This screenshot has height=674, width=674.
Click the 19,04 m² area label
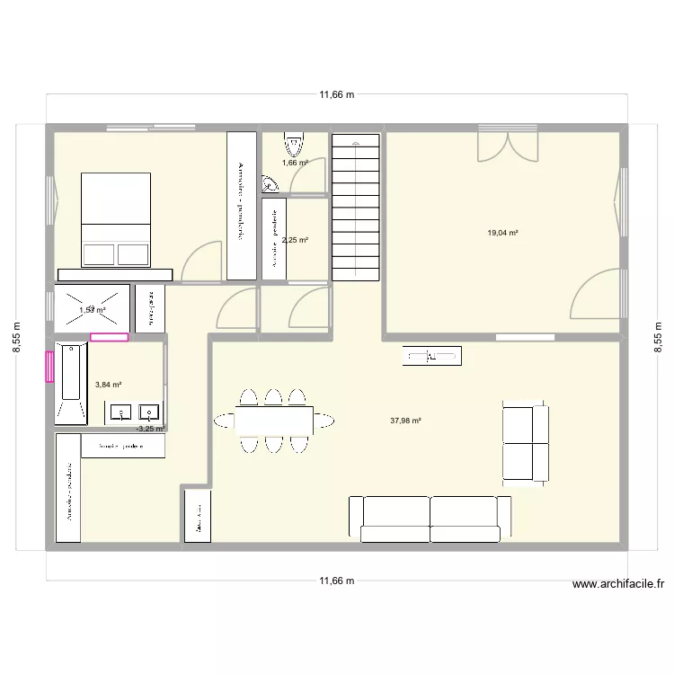pyautogui.click(x=502, y=233)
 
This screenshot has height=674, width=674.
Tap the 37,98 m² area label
pyautogui.click(x=406, y=420)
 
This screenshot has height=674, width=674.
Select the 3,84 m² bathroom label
pyautogui.click(x=108, y=385)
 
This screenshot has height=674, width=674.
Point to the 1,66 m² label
pyautogui.click(x=295, y=163)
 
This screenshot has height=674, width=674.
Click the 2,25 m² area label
pyautogui.click(x=295, y=240)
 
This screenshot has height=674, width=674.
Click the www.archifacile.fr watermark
pyautogui.click(x=617, y=583)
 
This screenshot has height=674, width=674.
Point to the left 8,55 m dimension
pyautogui.click(x=15, y=338)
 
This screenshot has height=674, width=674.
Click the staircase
pyautogui.click(x=357, y=208)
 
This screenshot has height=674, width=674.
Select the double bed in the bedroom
pyautogui.click(x=116, y=219)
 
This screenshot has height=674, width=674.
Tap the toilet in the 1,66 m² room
pyautogui.click(x=294, y=144)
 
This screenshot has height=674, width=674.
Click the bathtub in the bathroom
pyautogui.click(x=72, y=383)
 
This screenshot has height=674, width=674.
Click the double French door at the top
pyautogui.click(x=509, y=144)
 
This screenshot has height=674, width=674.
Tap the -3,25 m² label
pyautogui.click(x=150, y=429)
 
